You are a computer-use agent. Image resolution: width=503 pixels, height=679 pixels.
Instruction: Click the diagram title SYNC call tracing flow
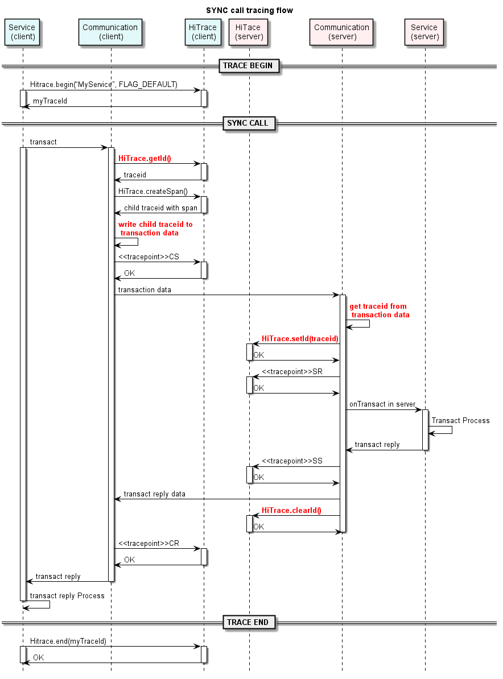249,10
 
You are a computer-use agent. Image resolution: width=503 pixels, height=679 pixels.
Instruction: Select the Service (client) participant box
23,32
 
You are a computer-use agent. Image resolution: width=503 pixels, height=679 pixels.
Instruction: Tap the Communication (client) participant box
110,32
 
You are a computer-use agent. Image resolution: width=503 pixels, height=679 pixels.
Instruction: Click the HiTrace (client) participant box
204,32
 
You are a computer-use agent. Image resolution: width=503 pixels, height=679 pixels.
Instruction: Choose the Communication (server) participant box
341,32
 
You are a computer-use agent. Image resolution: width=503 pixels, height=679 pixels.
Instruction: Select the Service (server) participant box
424,32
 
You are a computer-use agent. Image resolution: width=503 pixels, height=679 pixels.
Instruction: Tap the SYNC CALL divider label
248,123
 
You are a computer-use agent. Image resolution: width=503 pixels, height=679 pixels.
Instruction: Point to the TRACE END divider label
248,622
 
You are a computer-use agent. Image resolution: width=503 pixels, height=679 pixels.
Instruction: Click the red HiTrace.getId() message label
145,159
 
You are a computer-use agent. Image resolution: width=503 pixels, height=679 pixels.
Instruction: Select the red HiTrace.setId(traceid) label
300,338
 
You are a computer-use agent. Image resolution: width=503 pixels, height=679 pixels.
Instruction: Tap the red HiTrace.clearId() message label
291,510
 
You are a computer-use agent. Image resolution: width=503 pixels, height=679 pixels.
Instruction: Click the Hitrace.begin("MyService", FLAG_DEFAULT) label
104,85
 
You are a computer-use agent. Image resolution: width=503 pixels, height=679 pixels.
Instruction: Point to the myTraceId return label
50,101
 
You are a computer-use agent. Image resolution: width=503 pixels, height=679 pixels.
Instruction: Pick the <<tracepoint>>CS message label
149,257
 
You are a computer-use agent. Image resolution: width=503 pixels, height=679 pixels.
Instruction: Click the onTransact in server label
382,404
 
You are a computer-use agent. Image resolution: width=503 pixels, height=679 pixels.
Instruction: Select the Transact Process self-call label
460,421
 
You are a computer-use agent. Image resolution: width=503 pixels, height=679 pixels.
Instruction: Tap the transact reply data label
154,494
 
